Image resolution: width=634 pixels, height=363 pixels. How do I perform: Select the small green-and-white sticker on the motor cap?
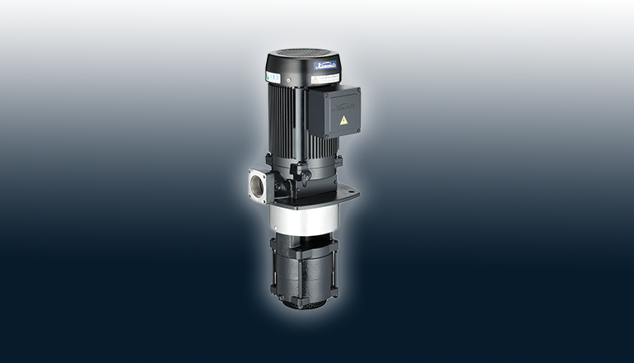[x=273, y=76]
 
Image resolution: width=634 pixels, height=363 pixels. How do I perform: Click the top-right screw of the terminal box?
[x=359, y=88]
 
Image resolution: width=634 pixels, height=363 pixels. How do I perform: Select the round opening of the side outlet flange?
[x=256, y=186]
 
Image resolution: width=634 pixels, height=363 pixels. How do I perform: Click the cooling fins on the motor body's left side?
[x=280, y=124]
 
